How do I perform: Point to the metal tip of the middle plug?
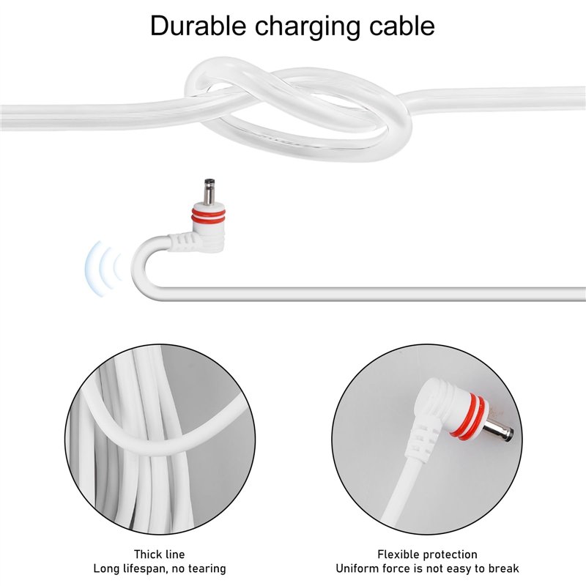(209, 190)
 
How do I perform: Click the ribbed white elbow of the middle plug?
(192, 240)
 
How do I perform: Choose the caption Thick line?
(159, 555)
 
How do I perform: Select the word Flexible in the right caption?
(399, 555)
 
